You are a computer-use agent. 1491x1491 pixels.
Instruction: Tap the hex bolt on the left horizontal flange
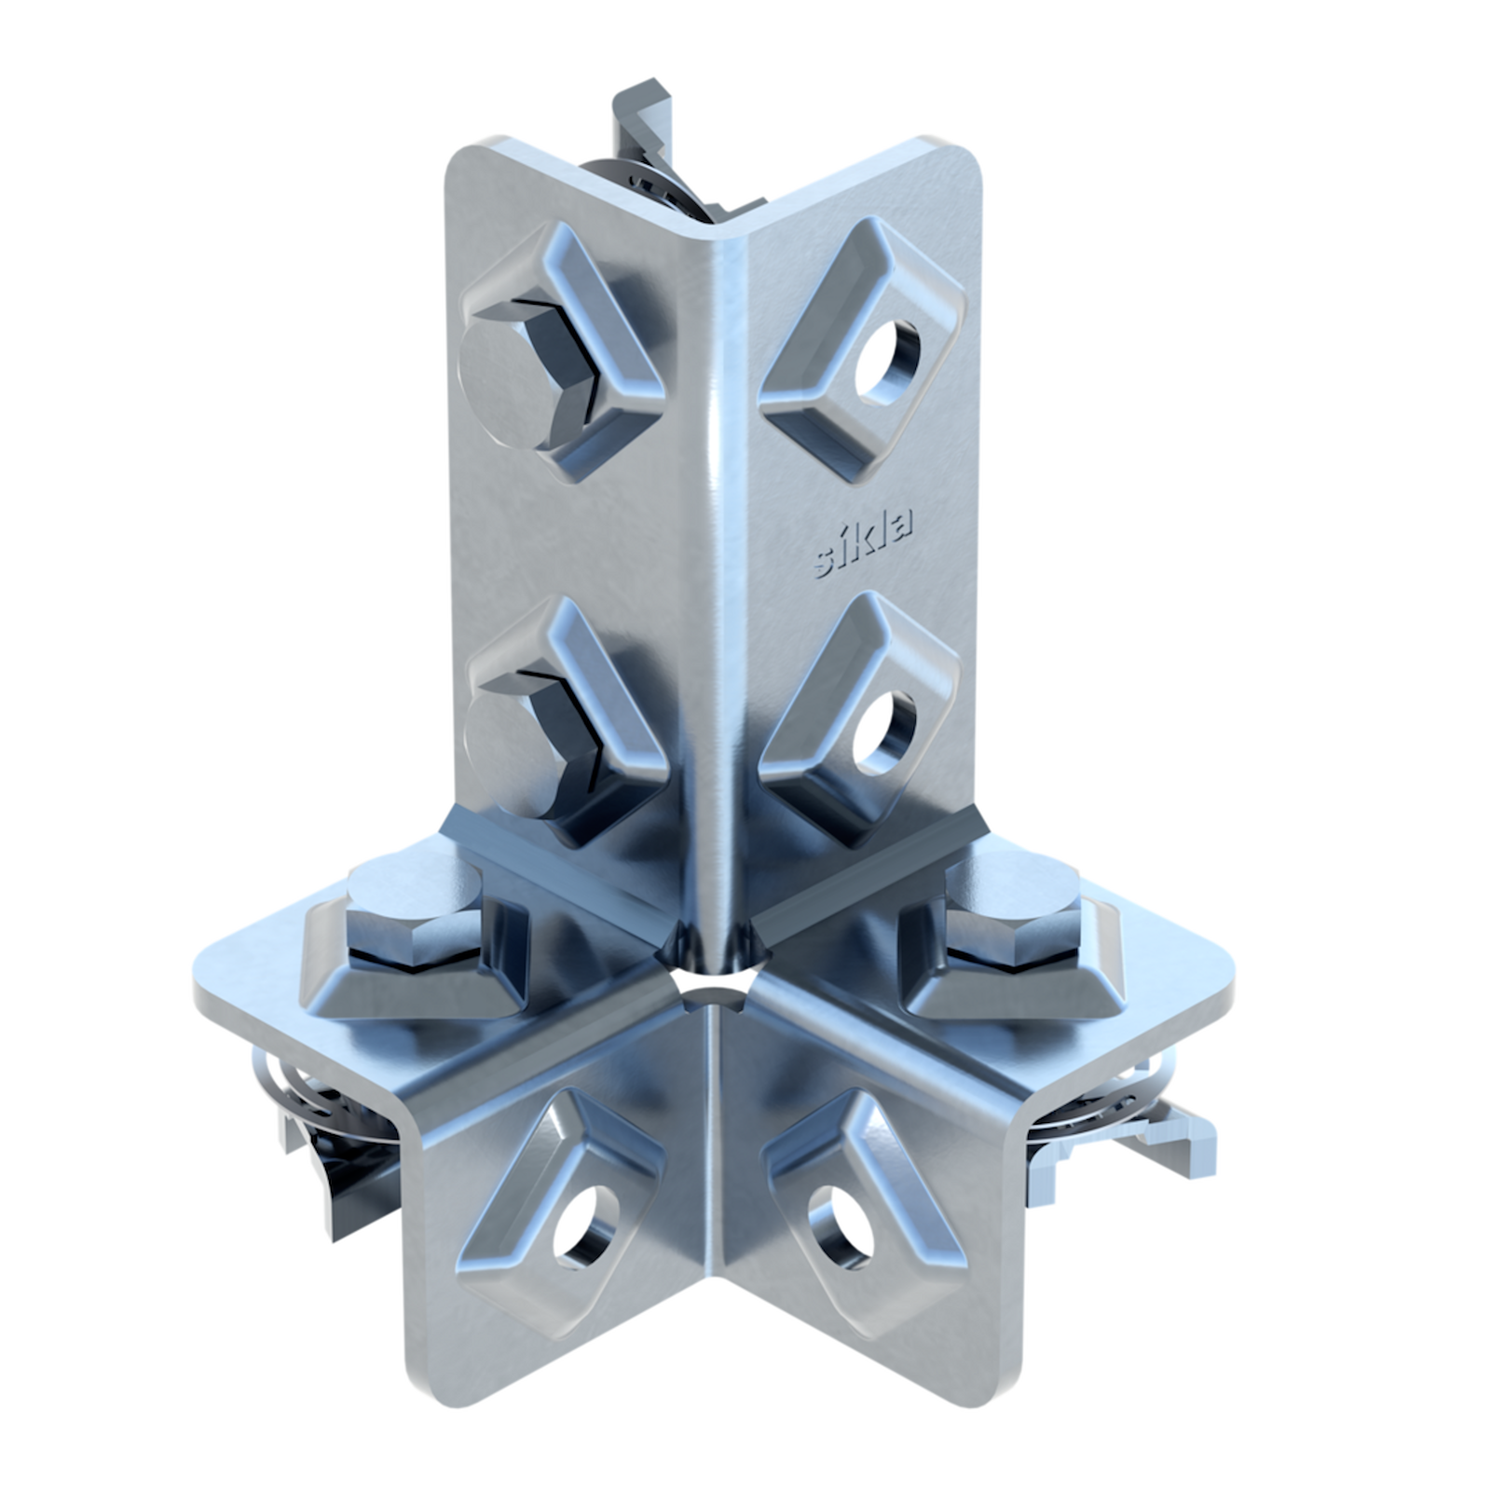[416, 912]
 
